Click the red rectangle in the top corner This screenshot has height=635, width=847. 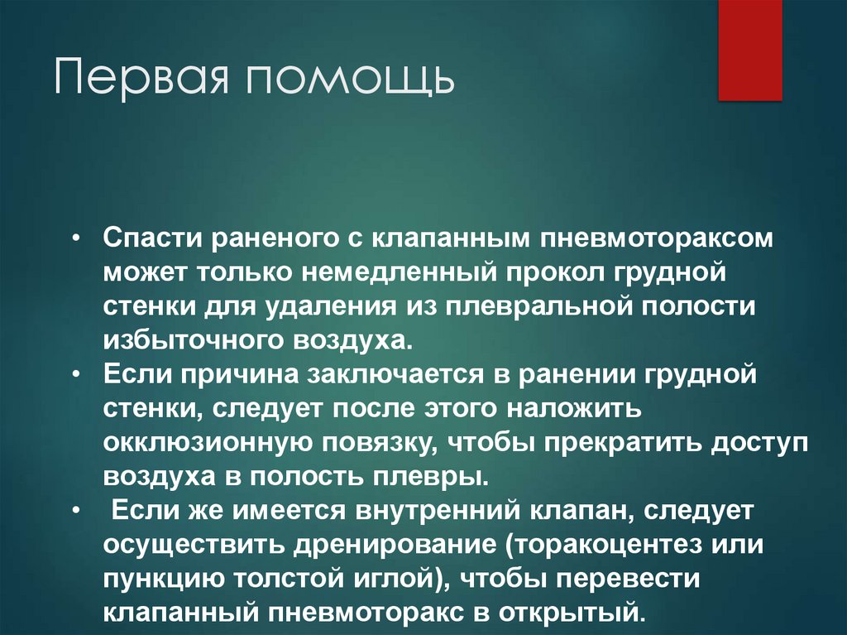click(x=749, y=50)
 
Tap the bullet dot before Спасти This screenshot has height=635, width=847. click(x=76, y=238)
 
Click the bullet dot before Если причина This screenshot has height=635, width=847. click(x=76, y=374)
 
